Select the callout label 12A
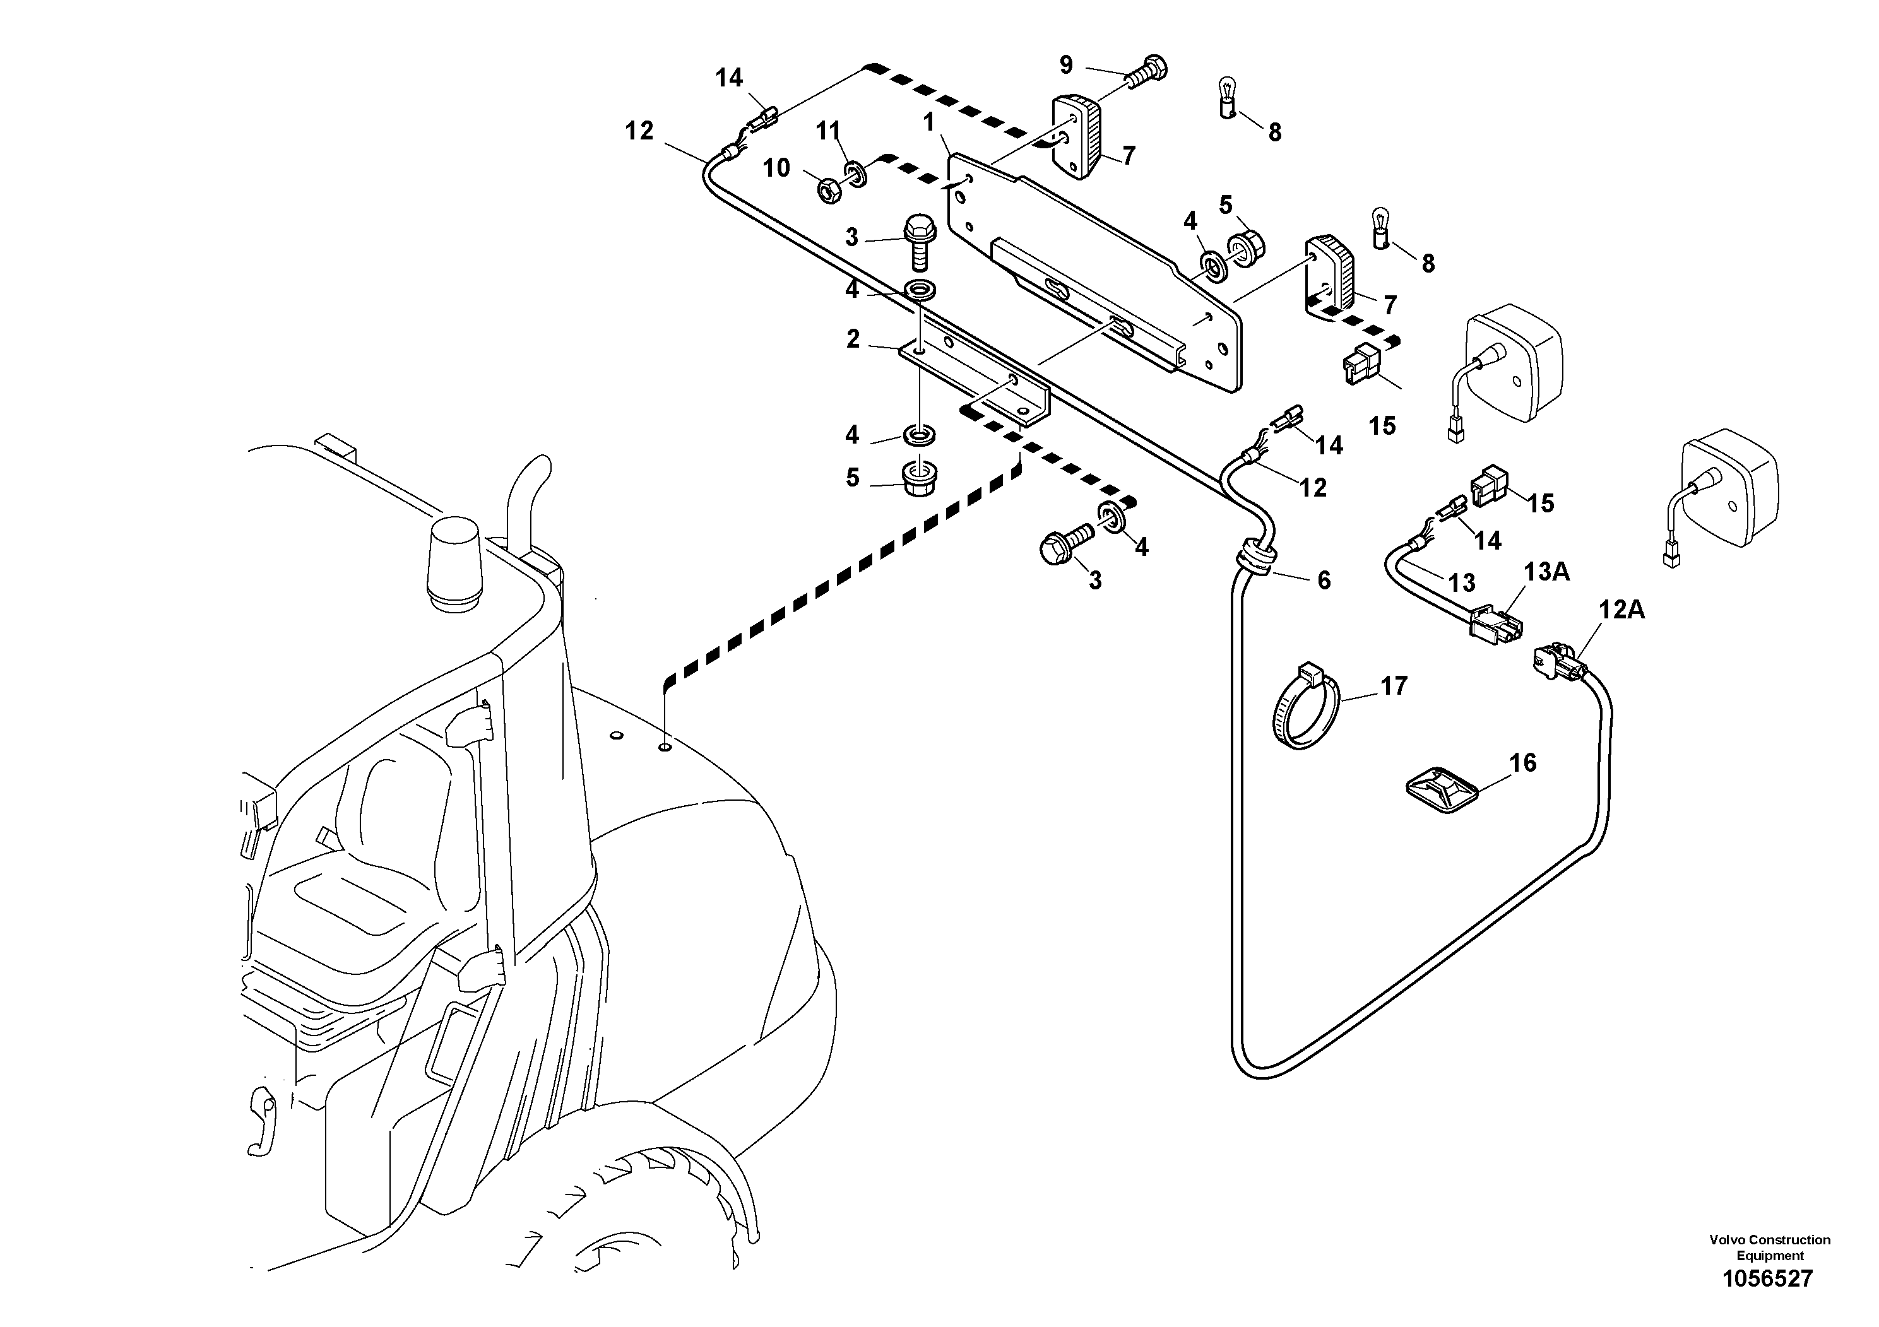pyautogui.click(x=1622, y=610)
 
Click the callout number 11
pyautogui.click(x=828, y=129)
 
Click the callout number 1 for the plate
pyautogui.click(x=929, y=122)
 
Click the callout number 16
pyautogui.click(x=1522, y=764)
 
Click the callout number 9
pyautogui.click(x=1065, y=64)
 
